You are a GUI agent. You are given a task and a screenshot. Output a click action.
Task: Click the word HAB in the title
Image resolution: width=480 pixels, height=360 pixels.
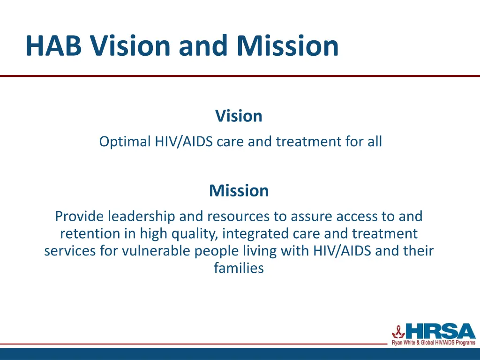(x=54, y=46)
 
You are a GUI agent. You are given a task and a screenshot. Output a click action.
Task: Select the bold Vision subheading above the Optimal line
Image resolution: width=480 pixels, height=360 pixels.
(x=239, y=116)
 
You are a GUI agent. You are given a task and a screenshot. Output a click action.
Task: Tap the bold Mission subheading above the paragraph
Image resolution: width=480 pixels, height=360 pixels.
(x=239, y=191)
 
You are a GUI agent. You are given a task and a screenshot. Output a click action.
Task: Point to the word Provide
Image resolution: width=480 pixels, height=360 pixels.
(x=80, y=216)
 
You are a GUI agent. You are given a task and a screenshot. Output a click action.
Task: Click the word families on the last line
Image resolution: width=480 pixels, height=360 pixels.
(x=239, y=268)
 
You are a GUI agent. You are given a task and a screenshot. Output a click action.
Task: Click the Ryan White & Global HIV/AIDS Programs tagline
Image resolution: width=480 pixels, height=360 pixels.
(x=433, y=343)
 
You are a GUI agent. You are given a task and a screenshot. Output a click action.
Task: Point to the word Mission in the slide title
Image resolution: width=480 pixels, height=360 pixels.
(x=287, y=46)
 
